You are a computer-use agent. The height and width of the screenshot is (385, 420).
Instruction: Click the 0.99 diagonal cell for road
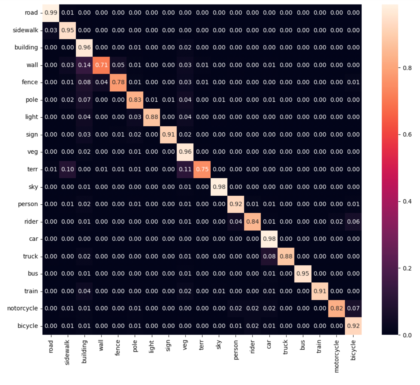pos(51,13)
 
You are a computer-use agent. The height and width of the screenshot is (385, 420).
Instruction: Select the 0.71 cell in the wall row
pos(101,65)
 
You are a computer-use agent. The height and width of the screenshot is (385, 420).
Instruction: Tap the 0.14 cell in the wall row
pos(84,65)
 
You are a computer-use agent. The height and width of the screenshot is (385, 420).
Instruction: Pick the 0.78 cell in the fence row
pos(118,82)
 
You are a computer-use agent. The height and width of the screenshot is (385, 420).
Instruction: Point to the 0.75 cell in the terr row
pos(202,169)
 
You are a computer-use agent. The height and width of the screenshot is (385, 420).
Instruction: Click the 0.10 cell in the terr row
pos(68,169)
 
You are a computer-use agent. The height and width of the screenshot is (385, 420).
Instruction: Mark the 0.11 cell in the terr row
pos(185,169)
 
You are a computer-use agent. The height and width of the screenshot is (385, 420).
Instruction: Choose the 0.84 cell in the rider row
pos(252,221)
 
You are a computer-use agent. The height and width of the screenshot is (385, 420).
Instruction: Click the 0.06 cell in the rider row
pos(353,221)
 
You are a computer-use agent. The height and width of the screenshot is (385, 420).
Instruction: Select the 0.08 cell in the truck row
pos(269,256)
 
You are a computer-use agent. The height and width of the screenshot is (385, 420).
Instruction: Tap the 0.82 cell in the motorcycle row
pos(337,308)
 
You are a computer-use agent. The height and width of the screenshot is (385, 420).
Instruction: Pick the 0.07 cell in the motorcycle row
pos(353,308)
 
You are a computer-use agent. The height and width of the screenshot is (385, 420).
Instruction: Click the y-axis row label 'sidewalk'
pos(26,30)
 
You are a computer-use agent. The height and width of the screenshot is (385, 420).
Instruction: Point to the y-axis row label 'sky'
pos(33,187)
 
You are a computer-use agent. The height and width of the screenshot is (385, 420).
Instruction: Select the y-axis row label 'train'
pos(31,291)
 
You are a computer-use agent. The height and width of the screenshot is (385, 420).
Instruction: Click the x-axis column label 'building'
pos(84,351)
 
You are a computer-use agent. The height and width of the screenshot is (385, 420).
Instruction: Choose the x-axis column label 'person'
pos(236,350)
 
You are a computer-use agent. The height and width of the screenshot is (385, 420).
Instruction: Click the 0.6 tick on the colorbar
pos(407,134)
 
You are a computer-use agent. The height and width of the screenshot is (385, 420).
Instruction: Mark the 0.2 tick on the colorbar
pos(407,268)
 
